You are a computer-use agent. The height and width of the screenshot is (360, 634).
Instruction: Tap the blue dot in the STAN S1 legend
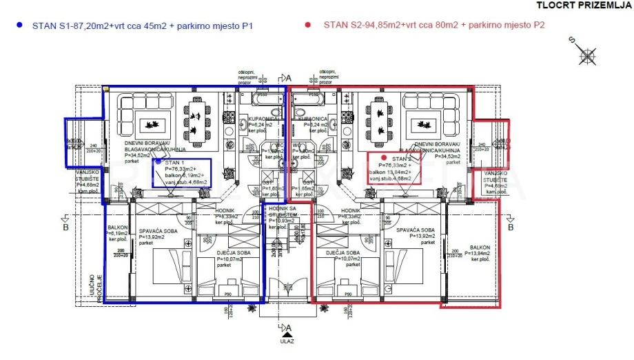point(19,25)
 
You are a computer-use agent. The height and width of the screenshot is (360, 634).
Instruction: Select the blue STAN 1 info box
point(181,171)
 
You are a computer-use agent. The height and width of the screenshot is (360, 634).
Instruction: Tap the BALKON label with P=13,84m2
point(480,250)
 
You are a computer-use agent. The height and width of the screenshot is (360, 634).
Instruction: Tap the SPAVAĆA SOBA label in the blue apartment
point(160,234)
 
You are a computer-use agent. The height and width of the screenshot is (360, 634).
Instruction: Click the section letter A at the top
point(290,77)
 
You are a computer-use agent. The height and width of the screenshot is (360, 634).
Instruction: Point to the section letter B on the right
point(511,226)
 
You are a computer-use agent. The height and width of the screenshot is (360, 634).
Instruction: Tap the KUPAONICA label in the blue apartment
point(258,119)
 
